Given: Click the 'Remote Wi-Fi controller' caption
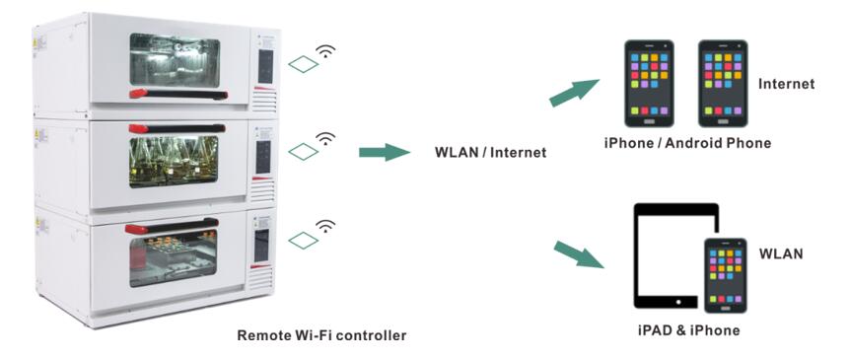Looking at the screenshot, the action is click(x=321, y=335).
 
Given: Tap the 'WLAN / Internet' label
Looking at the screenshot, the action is click(x=490, y=153).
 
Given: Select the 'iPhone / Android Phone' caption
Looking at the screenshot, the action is click(x=687, y=143).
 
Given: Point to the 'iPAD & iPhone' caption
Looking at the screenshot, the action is click(x=688, y=329).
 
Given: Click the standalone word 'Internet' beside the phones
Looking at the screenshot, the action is click(x=786, y=84).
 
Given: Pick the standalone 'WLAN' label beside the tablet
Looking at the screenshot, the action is click(x=781, y=253).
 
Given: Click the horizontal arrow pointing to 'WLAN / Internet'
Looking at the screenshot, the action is click(x=385, y=152).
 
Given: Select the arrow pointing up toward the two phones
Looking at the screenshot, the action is click(x=574, y=93).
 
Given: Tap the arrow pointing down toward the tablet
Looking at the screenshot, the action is click(x=578, y=253).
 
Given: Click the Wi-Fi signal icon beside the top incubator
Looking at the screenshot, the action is click(x=325, y=51).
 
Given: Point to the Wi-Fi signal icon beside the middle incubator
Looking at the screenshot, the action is click(x=325, y=140).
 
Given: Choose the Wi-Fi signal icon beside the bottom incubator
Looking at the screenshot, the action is click(x=325, y=226).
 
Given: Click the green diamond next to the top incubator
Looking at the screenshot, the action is click(x=304, y=63).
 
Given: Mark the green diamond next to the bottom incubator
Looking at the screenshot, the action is click(x=304, y=240).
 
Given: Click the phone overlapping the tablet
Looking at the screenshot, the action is click(x=726, y=275).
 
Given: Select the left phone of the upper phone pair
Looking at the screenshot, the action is click(x=649, y=84).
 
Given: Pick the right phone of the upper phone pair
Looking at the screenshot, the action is click(x=723, y=84).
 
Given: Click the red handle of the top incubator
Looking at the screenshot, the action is click(x=178, y=95).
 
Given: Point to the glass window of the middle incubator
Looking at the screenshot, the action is click(x=174, y=162).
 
